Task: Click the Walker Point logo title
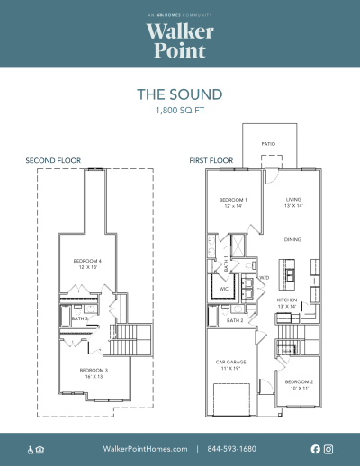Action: click(179, 40)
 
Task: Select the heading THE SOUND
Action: click(179, 94)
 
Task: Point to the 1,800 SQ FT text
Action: click(179, 111)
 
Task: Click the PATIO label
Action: click(268, 144)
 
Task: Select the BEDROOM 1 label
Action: click(233, 200)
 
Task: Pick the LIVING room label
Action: click(293, 200)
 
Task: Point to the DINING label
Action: click(292, 240)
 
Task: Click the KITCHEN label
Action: click(287, 300)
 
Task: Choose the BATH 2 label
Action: click(235, 320)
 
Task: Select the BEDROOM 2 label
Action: click(299, 383)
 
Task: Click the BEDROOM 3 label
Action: click(94, 372)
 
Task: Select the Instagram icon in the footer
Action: click(328, 448)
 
